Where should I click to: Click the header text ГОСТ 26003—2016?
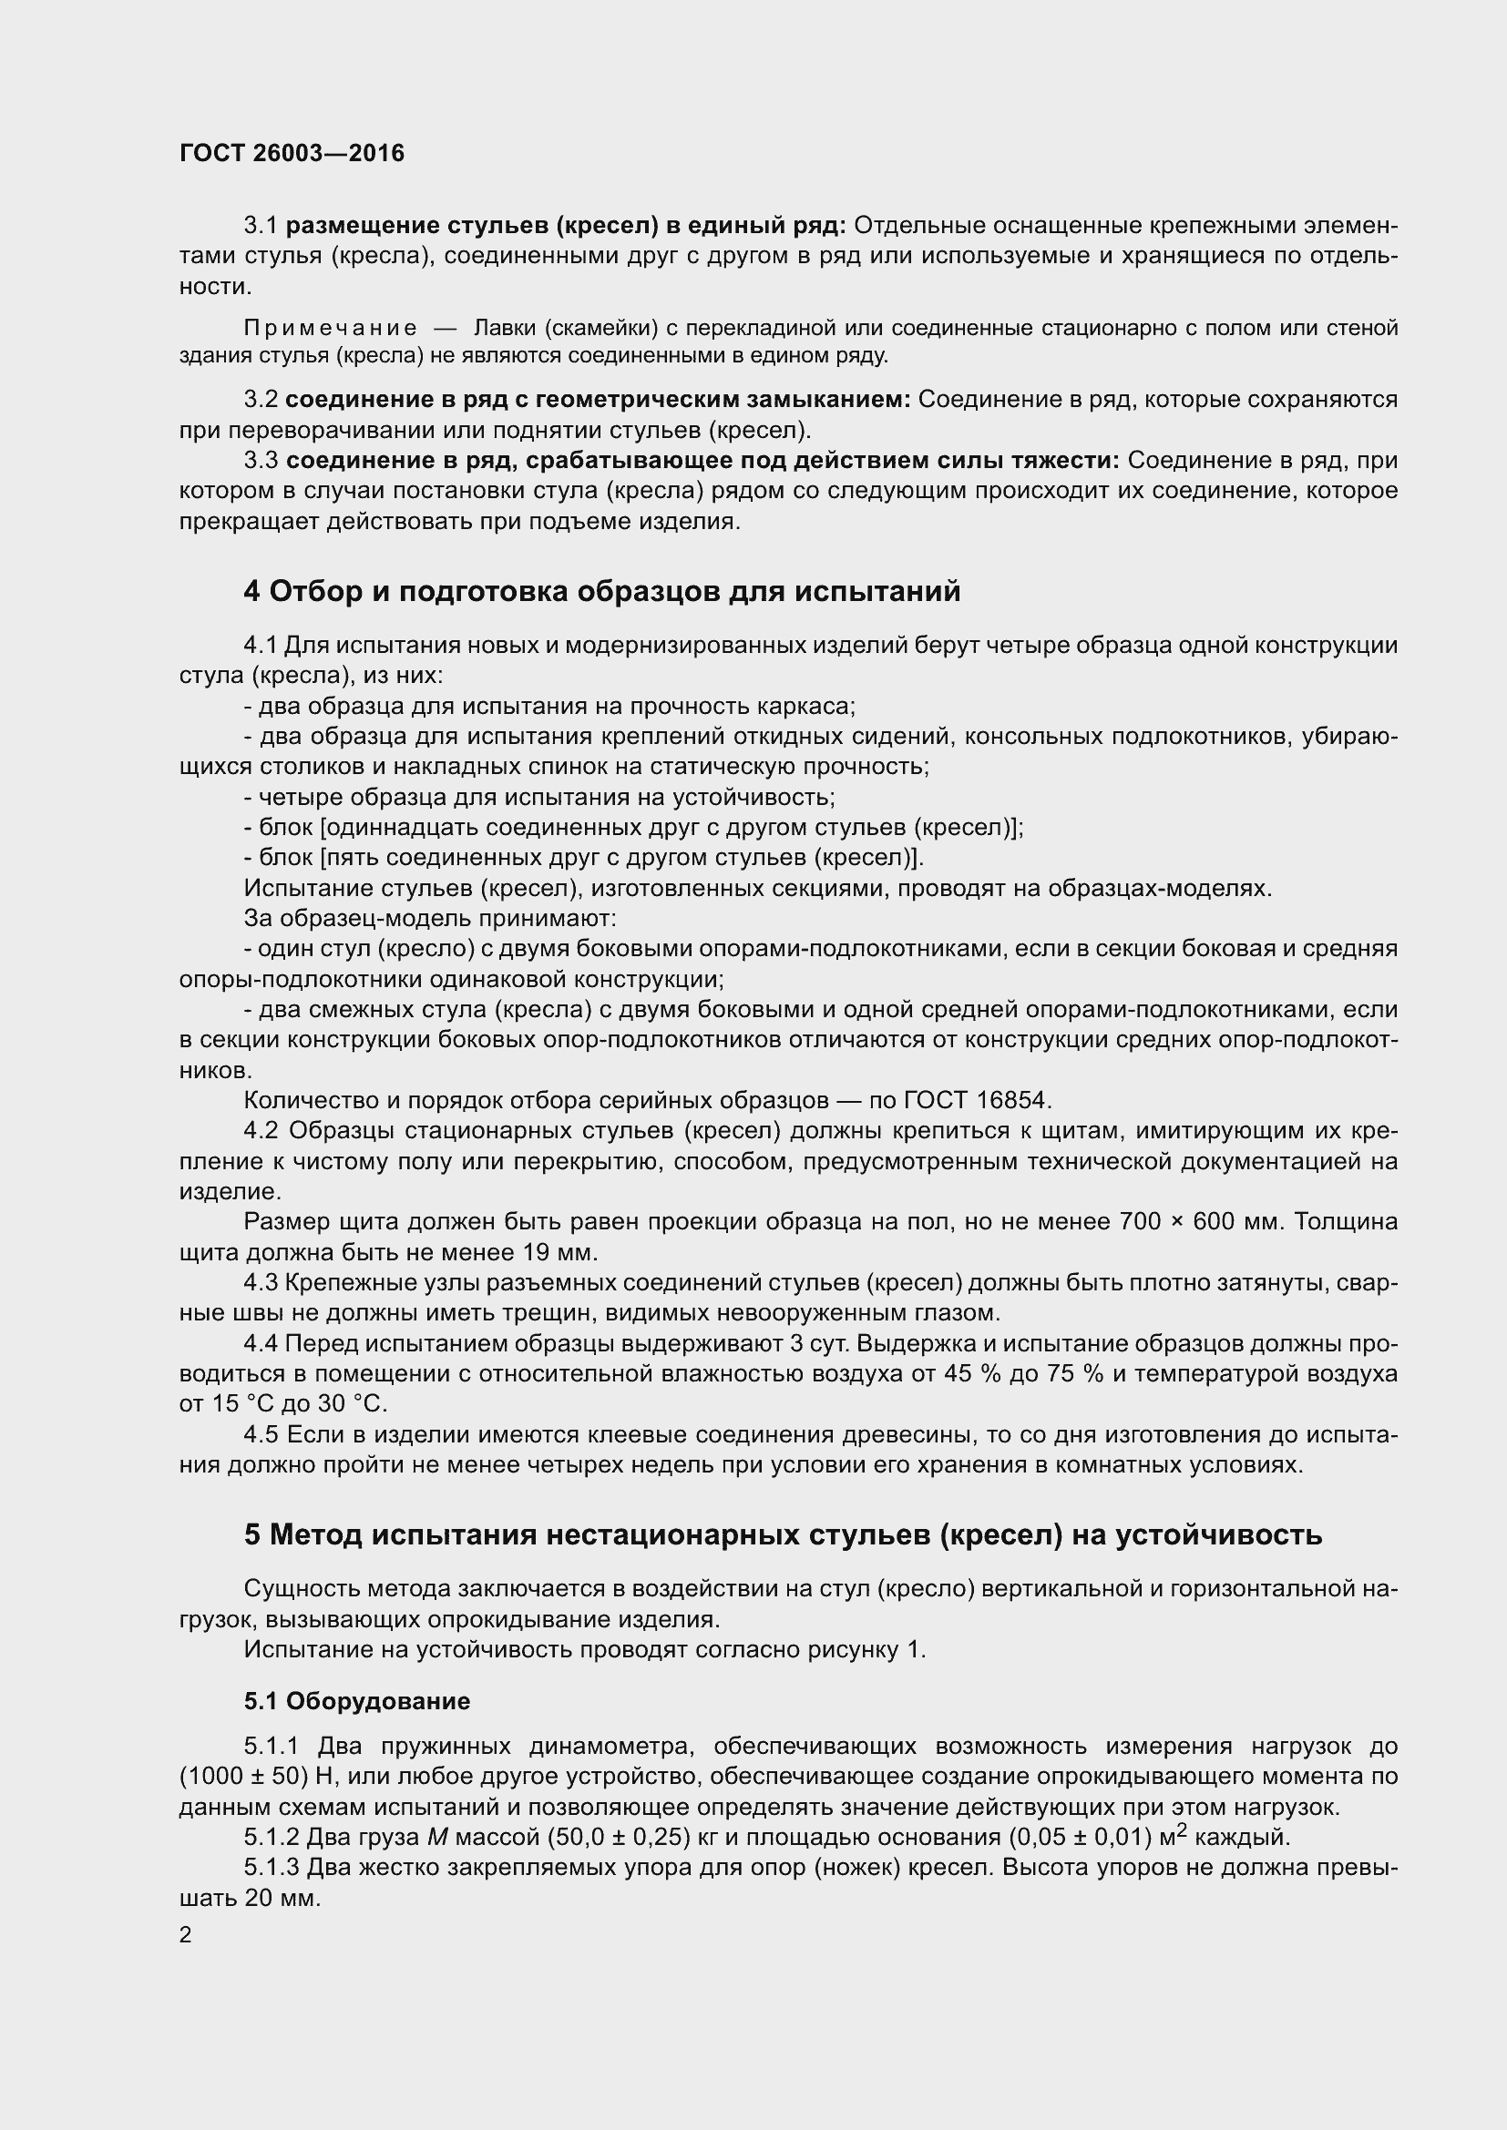tap(292, 153)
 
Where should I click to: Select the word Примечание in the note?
tap(331, 328)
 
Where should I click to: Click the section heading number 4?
tap(251, 591)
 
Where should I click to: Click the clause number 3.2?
tap(261, 400)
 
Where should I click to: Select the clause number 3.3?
tap(261, 461)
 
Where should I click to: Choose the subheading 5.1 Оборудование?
tap(357, 1700)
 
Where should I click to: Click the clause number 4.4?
tap(261, 1343)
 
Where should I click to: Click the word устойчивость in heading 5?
tap(1217, 1535)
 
